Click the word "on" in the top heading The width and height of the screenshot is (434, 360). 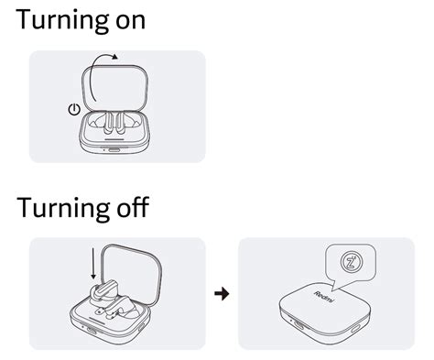tap(126, 22)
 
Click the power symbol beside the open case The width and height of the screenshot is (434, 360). tap(74, 110)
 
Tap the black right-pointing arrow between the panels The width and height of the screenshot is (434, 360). tap(221, 294)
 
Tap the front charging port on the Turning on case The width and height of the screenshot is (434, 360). tap(114, 150)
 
